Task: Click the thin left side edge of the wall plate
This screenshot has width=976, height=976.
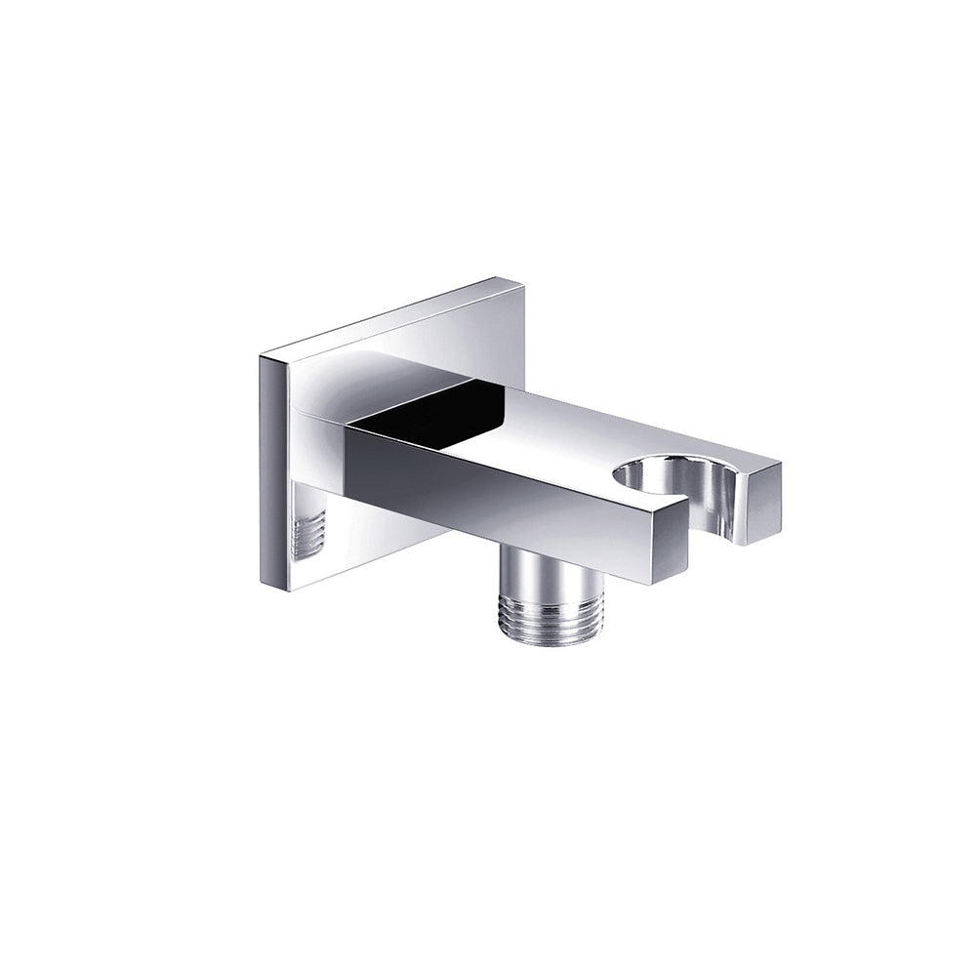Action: click(x=265, y=468)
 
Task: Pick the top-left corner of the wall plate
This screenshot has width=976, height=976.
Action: click(x=261, y=356)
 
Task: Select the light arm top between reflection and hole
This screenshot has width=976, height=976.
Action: click(x=566, y=429)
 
